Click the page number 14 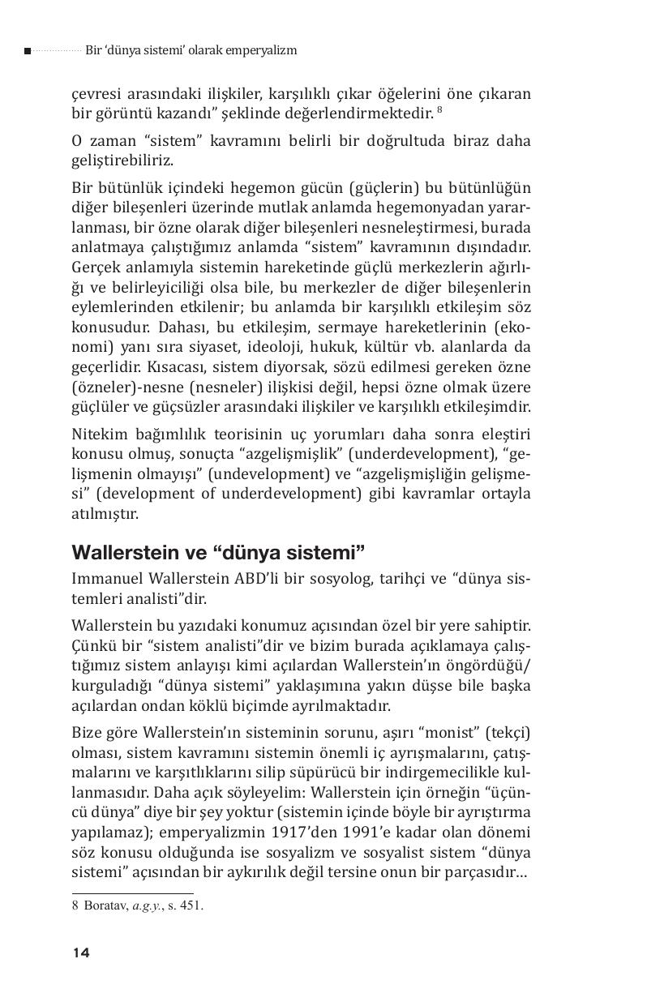coord(80,952)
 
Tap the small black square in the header coord(28,51)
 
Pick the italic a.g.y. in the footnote coord(146,906)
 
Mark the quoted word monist coord(441,734)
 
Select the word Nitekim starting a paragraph coord(98,436)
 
